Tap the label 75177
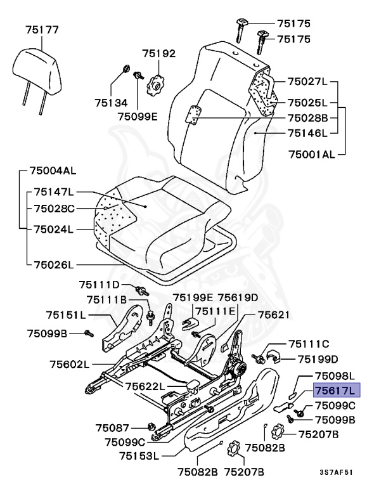42,29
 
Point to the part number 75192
158,54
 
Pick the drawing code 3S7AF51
336,472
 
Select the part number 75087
112,427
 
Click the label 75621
273,314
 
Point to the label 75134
112,103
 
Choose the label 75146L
307,133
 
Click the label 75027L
307,81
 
